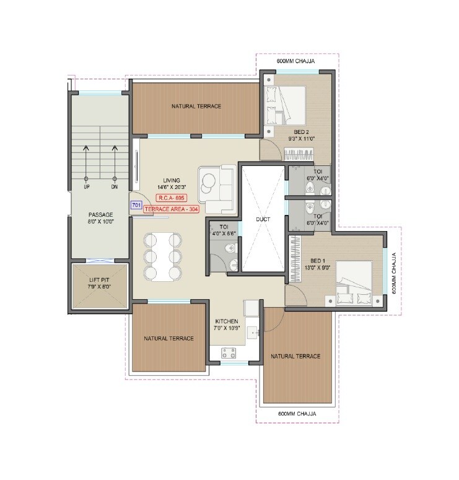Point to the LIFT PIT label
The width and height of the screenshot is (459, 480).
point(100,283)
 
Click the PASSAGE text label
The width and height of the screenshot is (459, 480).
point(100,215)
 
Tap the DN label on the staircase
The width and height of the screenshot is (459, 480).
point(114,186)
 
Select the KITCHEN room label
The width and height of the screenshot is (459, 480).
point(227,322)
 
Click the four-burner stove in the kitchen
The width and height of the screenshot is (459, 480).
point(229,353)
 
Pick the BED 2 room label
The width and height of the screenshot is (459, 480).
point(300,132)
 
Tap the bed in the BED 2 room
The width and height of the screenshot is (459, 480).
point(285,103)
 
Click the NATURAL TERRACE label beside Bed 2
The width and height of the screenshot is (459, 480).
point(196,107)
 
